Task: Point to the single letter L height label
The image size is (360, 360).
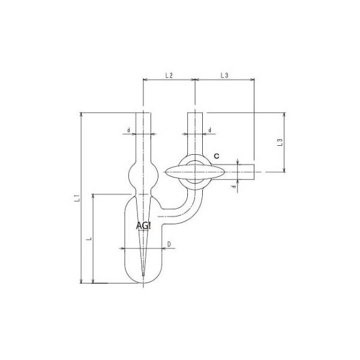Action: click(88, 238)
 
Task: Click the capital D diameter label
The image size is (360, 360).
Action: click(169, 244)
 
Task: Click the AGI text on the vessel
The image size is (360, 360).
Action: click(144, 225)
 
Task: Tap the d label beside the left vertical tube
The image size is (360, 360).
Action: click(128, 130)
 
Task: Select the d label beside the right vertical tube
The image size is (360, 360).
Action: click(209, 130)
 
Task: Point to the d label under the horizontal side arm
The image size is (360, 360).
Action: click(232, 187)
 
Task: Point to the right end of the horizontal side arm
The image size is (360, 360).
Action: click(254, 172)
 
